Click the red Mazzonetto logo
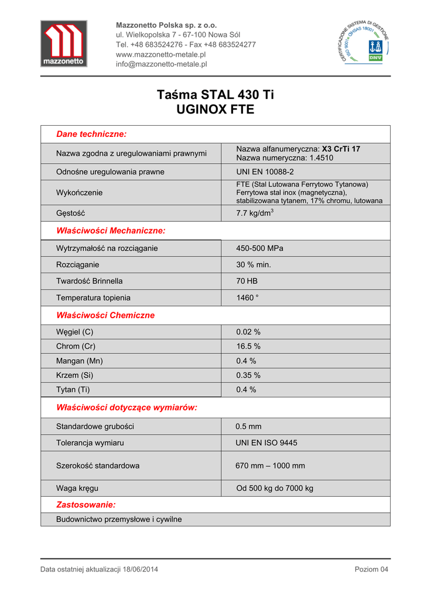pyautogui.click(x=63, y=43)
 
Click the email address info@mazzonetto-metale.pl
pyautogui.click(x=162, y=64)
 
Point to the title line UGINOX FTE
pyautogui.click(x=215, y=109)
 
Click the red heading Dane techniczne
pyautogui.click(x=91, y=134)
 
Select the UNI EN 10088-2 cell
pyautogui.click(x=265, y=172)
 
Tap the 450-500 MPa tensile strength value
pyautogui.click(x=259, y=248)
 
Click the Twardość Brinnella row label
pyautogui.click(x=90, y=281)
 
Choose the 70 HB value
pyautogui.click(x=247, y=281)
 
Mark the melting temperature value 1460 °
pyautogui.click(x=247, y=298)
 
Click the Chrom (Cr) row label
pyautogui.click(x=76, y=346)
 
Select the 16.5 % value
pyautogui.click(x=248, y=346)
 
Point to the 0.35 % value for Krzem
pyautogui.click(x=248, y=375)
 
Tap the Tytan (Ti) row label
pyautogui.click(x=73, y=390)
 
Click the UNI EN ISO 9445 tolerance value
pyautogui.click(x=266, y=443)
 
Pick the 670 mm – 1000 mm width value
pyautogui.click(x=270, y=466)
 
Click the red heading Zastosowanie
pyautogui.click(x=86, y=504)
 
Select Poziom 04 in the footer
pyautogui.click(x=371, y=570)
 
